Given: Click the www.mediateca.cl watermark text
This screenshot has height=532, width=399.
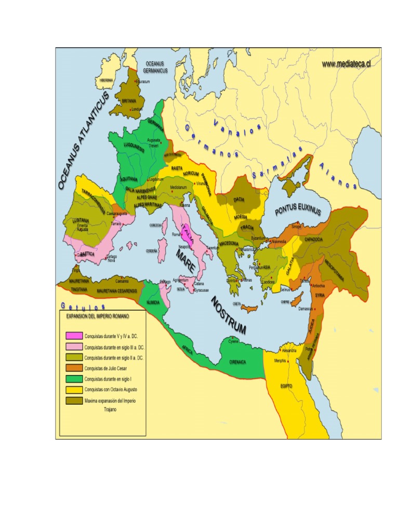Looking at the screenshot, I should tap(345, 63).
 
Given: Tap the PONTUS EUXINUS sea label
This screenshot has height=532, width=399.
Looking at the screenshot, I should tap(298, 210).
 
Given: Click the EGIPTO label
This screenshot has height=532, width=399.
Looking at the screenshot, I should tap(285, 387).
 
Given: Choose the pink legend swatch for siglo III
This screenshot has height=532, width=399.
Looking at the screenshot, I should tap(74, 347).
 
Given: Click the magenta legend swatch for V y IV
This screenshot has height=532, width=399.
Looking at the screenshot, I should tap(74, 336).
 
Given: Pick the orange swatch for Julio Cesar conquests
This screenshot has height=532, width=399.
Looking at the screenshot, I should tap(74, 368).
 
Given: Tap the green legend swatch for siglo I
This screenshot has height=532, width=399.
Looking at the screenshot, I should tap(74, 379).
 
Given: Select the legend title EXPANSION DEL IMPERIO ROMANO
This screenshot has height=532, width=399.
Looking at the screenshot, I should tap(98, 316).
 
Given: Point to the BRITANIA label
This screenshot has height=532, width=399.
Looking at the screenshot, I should tap(129, 100).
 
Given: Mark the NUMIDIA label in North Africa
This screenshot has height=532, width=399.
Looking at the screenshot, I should tap(153, 301).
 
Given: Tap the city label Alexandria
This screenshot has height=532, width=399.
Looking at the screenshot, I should tap(289, 351).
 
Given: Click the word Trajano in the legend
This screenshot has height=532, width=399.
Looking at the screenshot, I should tap(95, 409).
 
